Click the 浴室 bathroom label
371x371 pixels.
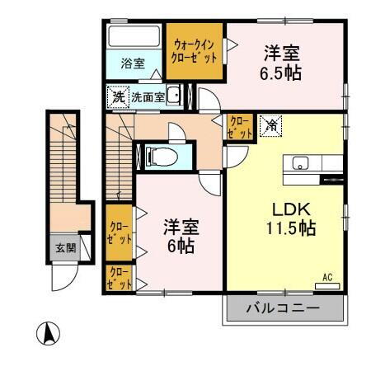[132, 63]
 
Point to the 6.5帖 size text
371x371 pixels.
[282, 73]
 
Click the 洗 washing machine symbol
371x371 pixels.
[118, 96]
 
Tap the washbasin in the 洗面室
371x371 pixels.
[174, 96]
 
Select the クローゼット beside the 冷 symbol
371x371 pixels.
[240, 127]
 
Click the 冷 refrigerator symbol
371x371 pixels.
[271, 125]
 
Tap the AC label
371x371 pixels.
[326, 277]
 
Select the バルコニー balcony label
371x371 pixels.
[283, 310]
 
